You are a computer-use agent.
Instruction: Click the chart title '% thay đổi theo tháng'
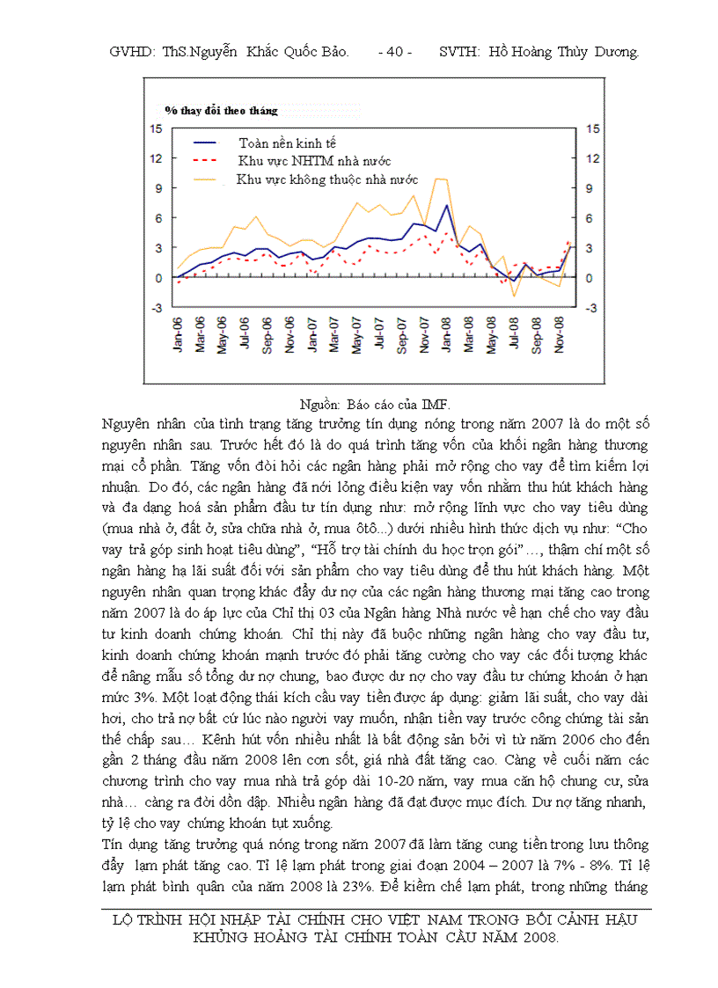point(221,111)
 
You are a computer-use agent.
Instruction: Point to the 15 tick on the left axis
point(157,129)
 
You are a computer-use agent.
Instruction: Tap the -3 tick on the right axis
point(592,308)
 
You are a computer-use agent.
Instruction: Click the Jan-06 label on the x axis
point(178,335)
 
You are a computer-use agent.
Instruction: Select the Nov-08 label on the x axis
point(559,335)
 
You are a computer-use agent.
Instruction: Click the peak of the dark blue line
point(447,206)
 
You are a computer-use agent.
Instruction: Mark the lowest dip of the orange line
point(514,296)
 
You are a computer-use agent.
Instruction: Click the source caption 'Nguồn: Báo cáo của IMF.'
point(375,405)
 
